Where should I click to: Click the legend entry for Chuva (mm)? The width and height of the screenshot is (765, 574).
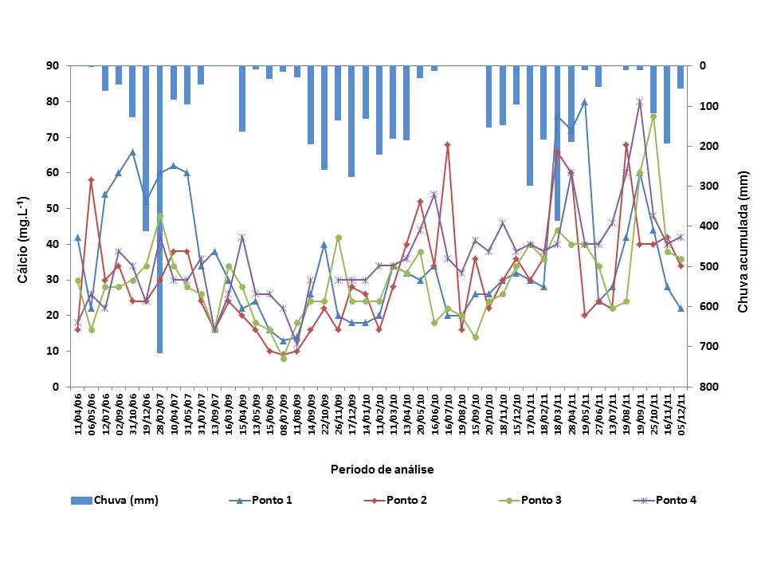tap(125, 501)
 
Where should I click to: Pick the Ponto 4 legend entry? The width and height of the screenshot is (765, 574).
tap(677, 501)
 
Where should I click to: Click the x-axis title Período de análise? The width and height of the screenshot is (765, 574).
tap(382, 470)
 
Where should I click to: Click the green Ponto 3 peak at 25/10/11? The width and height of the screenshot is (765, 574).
tap(653, 116)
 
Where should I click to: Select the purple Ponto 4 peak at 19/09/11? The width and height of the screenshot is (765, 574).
tap(639, 102)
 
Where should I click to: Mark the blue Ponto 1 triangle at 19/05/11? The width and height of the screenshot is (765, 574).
tap(584, 102)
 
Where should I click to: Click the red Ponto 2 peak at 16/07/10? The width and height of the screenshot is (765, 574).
tap(448, 144)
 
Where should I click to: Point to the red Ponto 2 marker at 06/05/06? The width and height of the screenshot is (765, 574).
tap(92, 180)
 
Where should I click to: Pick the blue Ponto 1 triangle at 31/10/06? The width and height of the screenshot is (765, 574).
tap(132, 151)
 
